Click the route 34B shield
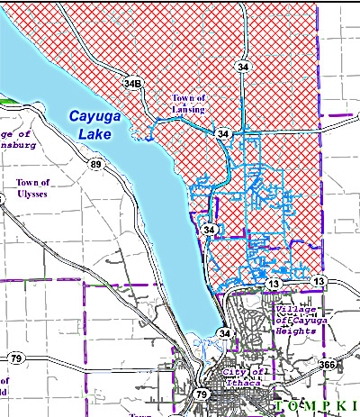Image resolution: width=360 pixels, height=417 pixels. (133, 85)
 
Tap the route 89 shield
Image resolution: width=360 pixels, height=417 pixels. (94, 165)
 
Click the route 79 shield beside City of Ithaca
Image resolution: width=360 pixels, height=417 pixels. (201, 394)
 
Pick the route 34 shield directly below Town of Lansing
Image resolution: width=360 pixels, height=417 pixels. (222, 133)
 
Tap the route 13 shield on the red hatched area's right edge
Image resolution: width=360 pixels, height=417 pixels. (318, 283)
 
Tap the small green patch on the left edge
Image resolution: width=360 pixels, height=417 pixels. (4, 102)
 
